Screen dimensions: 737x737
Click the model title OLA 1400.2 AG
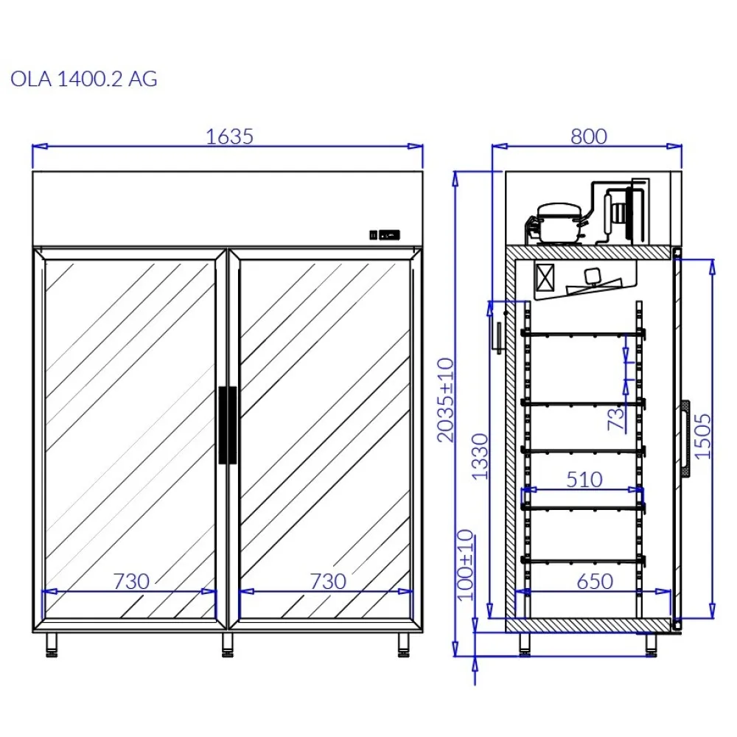click(84, 80)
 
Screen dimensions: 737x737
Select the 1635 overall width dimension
click(229, 136)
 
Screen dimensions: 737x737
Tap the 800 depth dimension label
click(588, 136)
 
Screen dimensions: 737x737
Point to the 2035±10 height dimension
click(446, 399)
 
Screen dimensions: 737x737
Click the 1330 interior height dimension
click(480, 456)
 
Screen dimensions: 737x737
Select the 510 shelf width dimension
click(584, 480)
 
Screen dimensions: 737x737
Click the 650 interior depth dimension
click(594, 581)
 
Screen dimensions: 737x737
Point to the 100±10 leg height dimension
click(465, 565)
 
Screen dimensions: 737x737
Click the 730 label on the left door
click(131, 581)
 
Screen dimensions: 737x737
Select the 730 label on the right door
click(327, 581)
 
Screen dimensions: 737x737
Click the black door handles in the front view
click(227, 425)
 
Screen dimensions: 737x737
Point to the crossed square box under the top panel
click(545, 278)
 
